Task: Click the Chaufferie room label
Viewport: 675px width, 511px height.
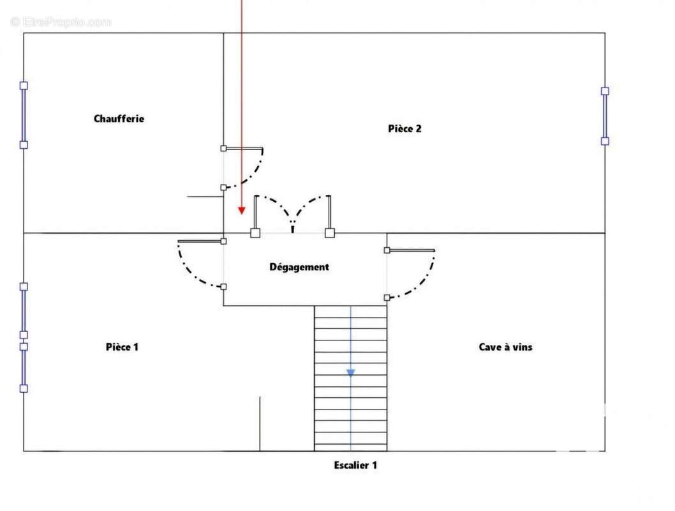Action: pyautogui.click(x=119, y=118)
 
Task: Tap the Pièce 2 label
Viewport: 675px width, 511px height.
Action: pyautogui.click(x=404, y=128)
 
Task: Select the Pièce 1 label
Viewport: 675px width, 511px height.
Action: pyautogui.click(x=122, y=347)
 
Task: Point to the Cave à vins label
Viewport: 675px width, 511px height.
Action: pyautogui.click(x=505, y=347)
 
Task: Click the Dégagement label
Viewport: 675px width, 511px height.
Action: pyautogui.click(x=299, y=267)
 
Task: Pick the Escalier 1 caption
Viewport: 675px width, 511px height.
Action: pyautogui.click(x=355, y=465)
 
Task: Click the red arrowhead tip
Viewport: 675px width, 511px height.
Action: pyautogui.click(x=242, y=214)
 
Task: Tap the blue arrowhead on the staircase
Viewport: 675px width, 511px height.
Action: pyautogui.click(x=351, y=373)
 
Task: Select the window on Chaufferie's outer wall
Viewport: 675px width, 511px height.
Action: pyautogui.click(x=24, y=115)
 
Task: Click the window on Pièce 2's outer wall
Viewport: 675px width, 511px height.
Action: pyautogui.click(x=605, y=116)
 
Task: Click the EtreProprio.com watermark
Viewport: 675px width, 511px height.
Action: pyautogui.click(x=61, y=22)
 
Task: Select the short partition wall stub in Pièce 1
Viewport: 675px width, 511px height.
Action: pyautogui.click(x=260, y=423)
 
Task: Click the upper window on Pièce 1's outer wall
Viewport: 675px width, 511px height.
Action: pyautogui.click(x=24, y=310)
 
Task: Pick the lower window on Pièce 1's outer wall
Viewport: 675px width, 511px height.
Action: pyautogui.click(x=24, y=367)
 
